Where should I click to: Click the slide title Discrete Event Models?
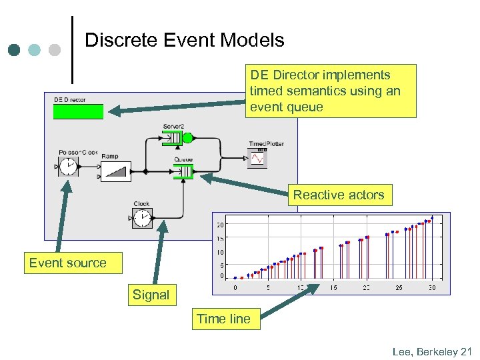point(185,40)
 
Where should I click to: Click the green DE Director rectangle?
point(79,111)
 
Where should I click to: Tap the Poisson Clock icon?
point(68,167)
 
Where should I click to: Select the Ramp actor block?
point(115,171)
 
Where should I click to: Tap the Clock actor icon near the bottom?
point(141,217)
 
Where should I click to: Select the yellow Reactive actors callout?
point(339,195)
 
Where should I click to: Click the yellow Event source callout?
point(67,263)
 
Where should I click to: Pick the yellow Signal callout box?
point(151,295)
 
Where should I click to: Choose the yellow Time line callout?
point(223,319)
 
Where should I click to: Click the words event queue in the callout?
point(286,107)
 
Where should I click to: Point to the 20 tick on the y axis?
point(220,225)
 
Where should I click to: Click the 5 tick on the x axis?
point(267,288)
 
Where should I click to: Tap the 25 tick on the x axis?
point(399,288)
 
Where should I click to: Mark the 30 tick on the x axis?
point(431,288)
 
